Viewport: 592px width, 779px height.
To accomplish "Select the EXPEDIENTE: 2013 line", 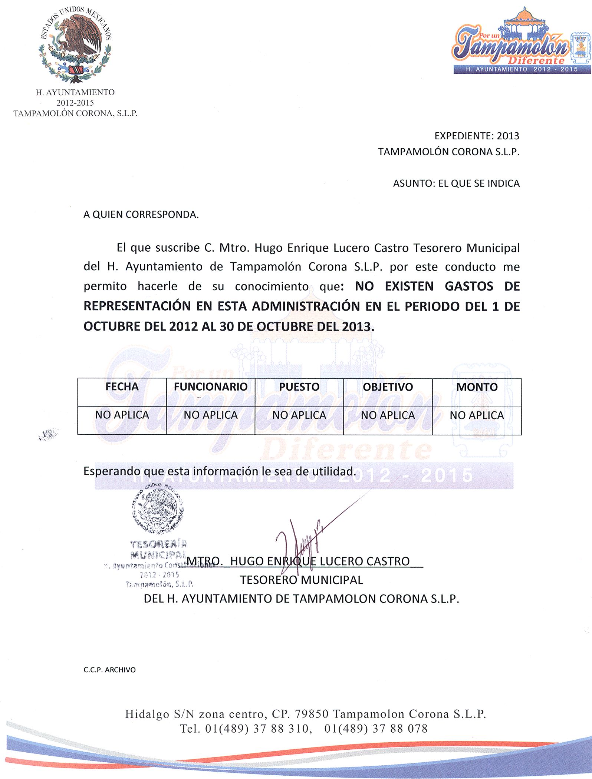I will [x=477, y=136].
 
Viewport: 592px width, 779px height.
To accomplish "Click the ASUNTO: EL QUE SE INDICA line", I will [x=456, y=183].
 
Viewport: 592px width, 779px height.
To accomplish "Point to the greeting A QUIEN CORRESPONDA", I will [x=141, y=215].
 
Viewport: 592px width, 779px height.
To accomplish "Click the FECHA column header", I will [x=122, y=387].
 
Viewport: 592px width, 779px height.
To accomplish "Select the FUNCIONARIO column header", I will [x=210, y=387].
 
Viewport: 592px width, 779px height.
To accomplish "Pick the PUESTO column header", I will [x=299, y=387].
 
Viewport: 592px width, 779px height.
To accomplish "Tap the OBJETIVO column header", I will [x=388, y=387].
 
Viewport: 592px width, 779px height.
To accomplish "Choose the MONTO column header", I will [x=477, y=387].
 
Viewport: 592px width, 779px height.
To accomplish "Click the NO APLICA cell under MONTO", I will [x=477, y=415].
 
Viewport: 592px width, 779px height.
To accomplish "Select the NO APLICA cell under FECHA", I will [x=122, y=415].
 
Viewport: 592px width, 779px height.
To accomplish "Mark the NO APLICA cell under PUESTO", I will [x=299, y=415].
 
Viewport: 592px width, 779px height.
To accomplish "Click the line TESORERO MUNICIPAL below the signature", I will [x=301, y=580].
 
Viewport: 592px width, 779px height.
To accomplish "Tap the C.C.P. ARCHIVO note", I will [x=109, y=670].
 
